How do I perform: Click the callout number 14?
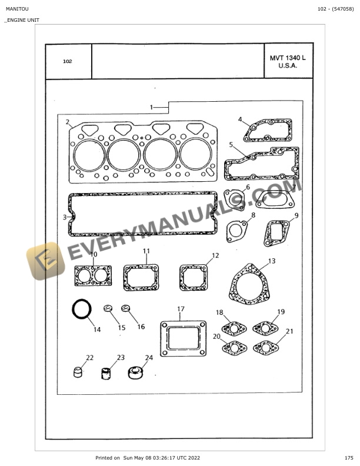click(x=97, y=329)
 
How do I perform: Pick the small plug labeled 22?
click(x=78, y=372)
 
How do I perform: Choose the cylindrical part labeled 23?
click(x=105, y=374)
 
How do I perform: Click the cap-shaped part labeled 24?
click(x=135, y=372)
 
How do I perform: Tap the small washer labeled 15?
click(x=108, y=308)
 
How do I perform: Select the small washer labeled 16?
click(x=126, y=308)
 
